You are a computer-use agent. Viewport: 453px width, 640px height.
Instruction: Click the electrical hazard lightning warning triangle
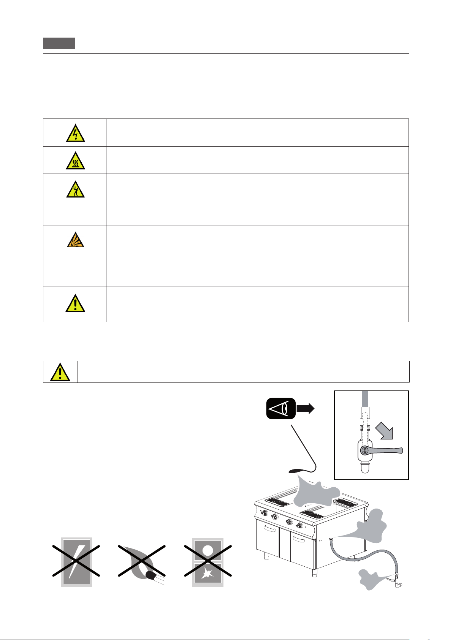pyautogui.click(x=75, y=133)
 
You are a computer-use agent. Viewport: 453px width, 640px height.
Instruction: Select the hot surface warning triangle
pyautogui.click(x=75, y=161)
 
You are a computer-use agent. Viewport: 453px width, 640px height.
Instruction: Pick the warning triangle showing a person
pyautogui.click(x=75, y=190)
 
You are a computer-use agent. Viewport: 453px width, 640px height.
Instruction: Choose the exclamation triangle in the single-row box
pyautogui.click(x=60, y=372)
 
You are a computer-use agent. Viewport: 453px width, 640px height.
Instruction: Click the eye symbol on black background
pyautogui.click(x=281, y=408)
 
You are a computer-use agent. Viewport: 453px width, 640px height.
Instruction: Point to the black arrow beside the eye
pyautogui.click(x=305, y=408)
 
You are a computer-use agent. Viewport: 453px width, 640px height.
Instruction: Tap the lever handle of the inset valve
pyautogui.click(x=388, y=451)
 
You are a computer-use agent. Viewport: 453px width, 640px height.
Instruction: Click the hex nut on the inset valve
pyautogui.click(x=364, y=451)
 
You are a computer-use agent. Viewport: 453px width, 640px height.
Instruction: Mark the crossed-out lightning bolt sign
pyautogui.click(x=76, y=562)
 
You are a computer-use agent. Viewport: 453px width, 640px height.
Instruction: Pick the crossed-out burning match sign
pyautogui.click(x=142, y=562)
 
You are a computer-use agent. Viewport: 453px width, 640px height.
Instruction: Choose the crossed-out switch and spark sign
pyautogui.click(x=208, y=562)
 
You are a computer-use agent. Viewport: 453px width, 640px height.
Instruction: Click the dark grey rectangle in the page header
pyautogui.click(x=59, y=43)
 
